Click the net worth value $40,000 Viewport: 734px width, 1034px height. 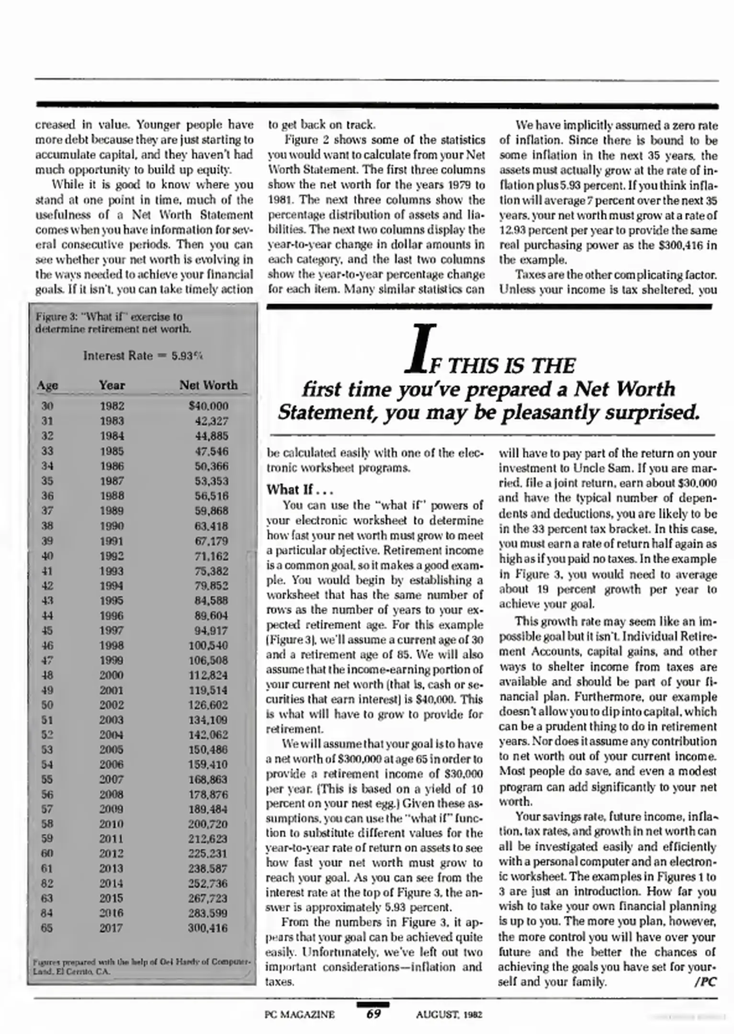208,406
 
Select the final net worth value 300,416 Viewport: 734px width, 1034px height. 208,928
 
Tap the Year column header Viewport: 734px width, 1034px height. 112,385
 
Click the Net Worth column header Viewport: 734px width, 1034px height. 208,385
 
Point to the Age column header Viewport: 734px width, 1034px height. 47,385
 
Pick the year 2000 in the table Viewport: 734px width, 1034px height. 112,675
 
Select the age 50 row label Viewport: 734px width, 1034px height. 47,705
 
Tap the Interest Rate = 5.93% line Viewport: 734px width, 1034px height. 143,356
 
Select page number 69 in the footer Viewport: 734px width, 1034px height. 373,1014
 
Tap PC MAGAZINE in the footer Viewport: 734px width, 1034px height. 300,1014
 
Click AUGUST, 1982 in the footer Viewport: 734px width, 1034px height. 449,1014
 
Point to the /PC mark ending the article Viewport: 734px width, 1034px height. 705,982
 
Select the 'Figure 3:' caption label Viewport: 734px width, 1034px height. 50,317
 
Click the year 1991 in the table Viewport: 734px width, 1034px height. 112,541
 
